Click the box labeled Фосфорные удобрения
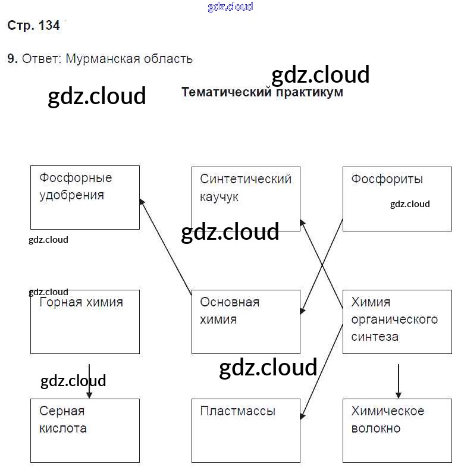coord(84,198)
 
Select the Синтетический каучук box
coord(246,199)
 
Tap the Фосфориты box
coord(397,199)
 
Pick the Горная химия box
coord(84,322)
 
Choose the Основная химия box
coord(246,322)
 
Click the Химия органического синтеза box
coord(397,322)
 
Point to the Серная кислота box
coord(84,431)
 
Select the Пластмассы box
coord(246,431)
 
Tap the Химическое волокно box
coord(397,431)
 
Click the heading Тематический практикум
coord(262,92)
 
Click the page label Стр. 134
coord(33,26)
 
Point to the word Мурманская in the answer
coord(101,59)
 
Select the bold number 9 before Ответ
coord(11,59)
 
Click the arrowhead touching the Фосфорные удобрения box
coord(142,202)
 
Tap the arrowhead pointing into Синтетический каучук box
coord(302,222)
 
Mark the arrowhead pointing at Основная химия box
coord(302,311)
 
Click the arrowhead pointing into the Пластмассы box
coord(302,416)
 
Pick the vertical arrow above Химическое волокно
coord(399,381)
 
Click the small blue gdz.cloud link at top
coord(230,7)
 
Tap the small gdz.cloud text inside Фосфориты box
coord(410,204)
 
